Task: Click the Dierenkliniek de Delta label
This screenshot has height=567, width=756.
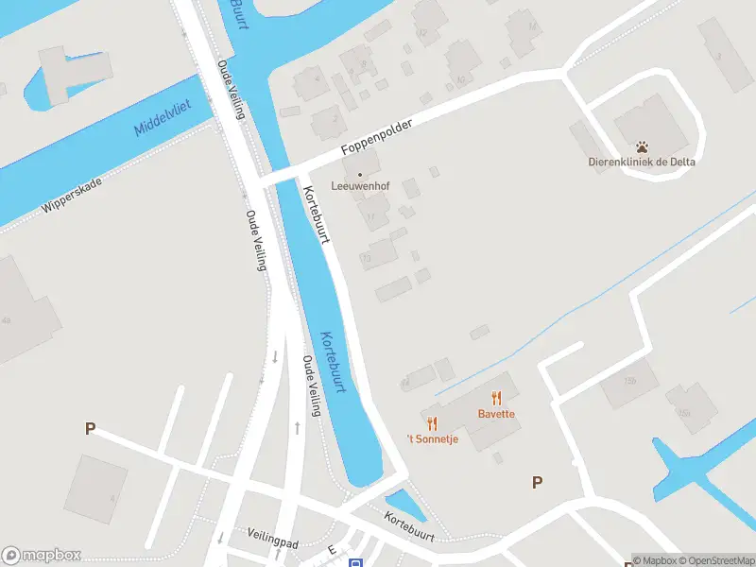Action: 642,162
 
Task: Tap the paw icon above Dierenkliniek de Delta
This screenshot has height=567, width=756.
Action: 643,147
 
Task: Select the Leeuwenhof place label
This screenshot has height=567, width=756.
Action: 360,186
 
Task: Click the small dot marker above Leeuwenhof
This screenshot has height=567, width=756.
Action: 360,174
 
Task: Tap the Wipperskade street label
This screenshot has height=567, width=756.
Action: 72,194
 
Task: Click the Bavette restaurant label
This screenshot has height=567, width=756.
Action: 496,414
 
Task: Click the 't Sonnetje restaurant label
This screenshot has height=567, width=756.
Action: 432,438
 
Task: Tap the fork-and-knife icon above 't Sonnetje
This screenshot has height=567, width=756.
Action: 432,423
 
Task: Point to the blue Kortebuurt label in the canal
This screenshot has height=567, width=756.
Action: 334,363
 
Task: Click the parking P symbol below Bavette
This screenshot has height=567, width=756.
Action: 537,482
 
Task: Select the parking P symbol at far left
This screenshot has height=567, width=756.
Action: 90,428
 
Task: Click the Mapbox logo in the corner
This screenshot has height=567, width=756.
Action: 42,556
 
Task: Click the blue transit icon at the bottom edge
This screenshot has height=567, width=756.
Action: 355,563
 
